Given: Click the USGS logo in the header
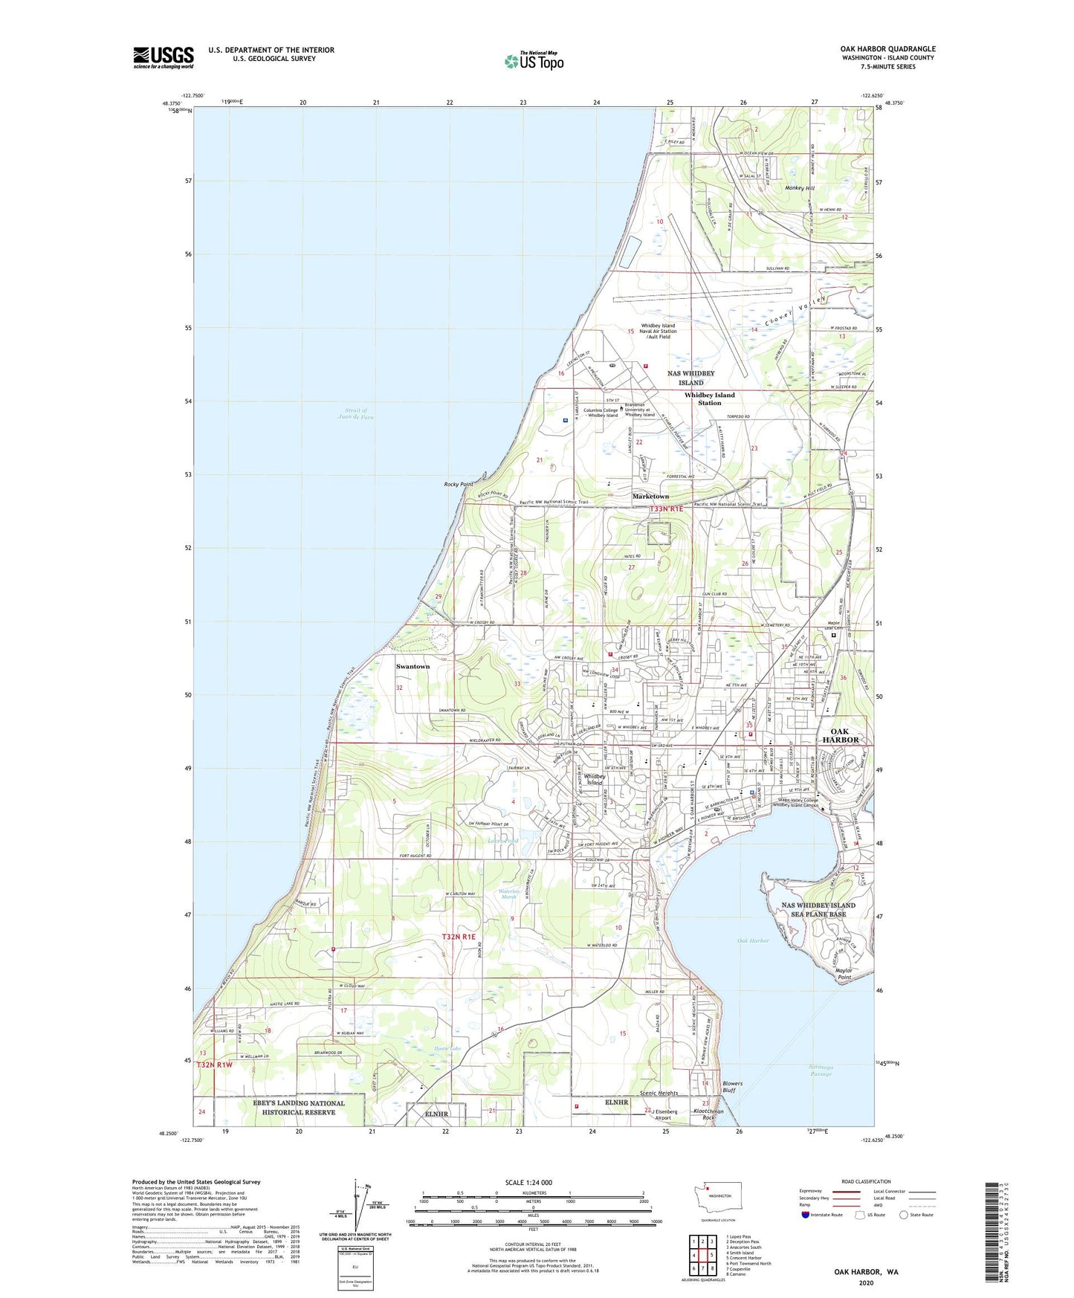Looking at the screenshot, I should (164, 56).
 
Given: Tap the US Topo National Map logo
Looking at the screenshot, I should (534, 60).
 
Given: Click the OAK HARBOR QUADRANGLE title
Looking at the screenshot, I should (887, 49).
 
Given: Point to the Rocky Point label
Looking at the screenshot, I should (459, 484).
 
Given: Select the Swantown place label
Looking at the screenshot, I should (413, 666).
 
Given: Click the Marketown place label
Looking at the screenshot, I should (650, 496).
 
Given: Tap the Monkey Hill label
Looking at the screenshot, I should (800, 188).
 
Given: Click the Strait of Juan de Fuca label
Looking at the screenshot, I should (356, 413).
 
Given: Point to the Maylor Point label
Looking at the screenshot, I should (844, 974).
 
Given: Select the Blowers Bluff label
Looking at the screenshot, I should (732, 1087).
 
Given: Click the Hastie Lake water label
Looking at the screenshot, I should (447, 1048).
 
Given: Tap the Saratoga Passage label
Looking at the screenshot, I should (821, 1071).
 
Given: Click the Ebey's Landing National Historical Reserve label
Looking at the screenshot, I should (299, 1108).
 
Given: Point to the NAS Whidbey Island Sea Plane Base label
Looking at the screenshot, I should (818, 909).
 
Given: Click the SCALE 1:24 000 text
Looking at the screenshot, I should (528, 1183).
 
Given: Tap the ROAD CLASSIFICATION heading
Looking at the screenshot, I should (866, 1181).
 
